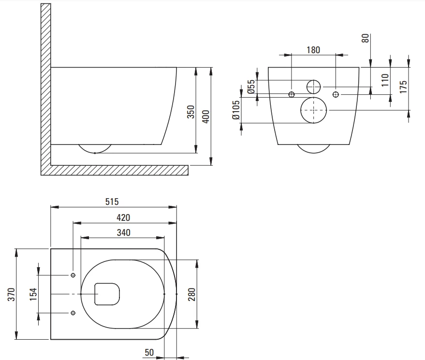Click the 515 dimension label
coord(112,202)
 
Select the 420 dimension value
coord(123,217)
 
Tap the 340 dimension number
coord(124,232)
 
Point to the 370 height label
coord(12,294)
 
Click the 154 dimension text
coord(33,294)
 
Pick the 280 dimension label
coord(191,294)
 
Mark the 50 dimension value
coord(149,352)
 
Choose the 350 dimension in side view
coord(191,112)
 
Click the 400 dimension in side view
coord(206,116)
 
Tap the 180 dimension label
coord(313,50)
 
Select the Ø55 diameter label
coord(251,86)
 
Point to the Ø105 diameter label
coord(236,110)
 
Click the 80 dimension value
coord(365,38)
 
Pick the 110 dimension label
coord(385,80)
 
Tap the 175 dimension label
coord(403,86)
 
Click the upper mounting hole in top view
coord(73,275)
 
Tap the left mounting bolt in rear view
coord(292,95)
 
